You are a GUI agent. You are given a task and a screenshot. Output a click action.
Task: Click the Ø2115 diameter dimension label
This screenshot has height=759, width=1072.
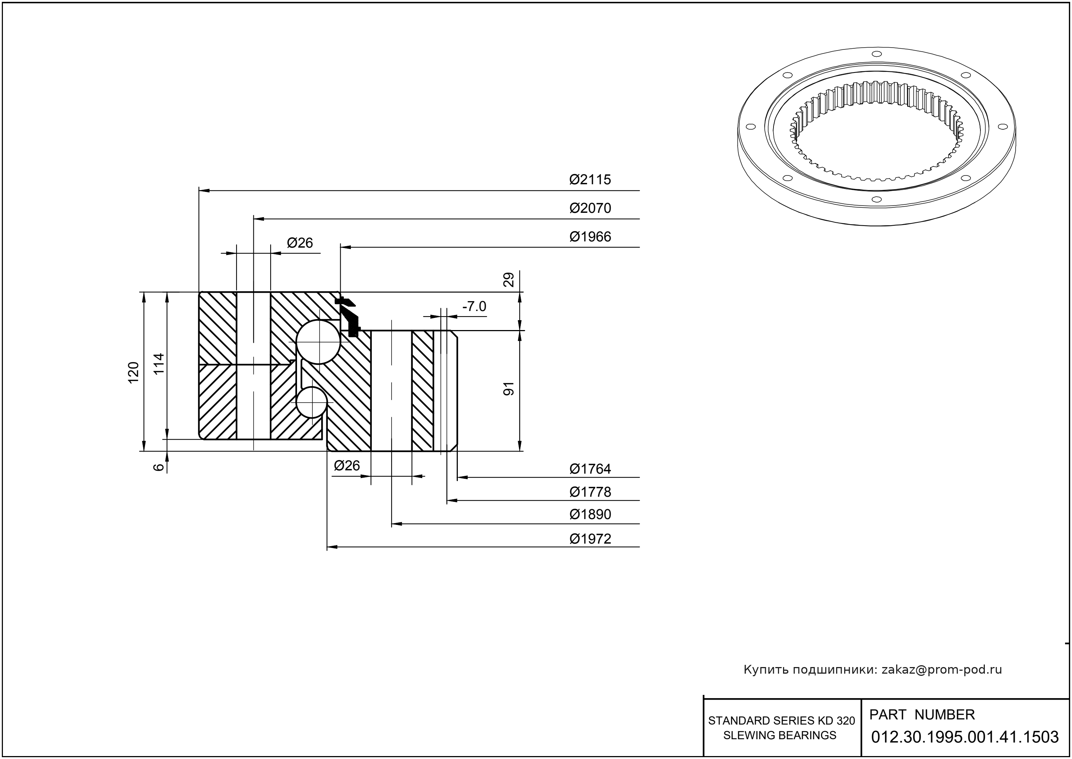[x=590, y=179]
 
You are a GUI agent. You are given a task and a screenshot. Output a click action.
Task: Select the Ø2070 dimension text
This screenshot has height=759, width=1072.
[x=590, y=208]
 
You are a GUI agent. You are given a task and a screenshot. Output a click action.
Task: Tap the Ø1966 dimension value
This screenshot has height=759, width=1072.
[x=590, y=237]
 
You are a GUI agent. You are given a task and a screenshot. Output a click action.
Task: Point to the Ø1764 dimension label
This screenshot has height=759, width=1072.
[x=590, y=469]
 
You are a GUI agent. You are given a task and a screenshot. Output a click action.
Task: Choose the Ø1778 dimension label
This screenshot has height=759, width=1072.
[x=590, y=492]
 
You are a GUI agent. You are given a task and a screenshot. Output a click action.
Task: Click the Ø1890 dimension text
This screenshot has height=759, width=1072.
[x=590, y=515]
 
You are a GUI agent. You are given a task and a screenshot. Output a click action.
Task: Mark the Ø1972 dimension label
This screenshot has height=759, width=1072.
[x=590, y=539]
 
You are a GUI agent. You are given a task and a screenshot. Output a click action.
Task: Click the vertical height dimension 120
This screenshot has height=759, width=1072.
[x=134, y=373]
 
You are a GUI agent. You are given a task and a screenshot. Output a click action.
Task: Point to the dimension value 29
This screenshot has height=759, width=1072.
[x=509, y=279]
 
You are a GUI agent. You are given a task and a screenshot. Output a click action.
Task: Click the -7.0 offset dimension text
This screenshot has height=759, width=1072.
[x=474, y=307]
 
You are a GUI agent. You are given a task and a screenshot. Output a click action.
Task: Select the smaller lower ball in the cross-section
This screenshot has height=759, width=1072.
[x=311, y=402]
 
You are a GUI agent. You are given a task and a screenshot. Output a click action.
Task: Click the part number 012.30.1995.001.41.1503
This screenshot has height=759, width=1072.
[x=965, y=737]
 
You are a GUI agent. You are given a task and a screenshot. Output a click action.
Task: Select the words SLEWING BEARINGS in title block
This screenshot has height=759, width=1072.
[x=779, y=735]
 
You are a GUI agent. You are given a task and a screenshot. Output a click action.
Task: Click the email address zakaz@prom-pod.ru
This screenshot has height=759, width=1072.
[x=941, y=670]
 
